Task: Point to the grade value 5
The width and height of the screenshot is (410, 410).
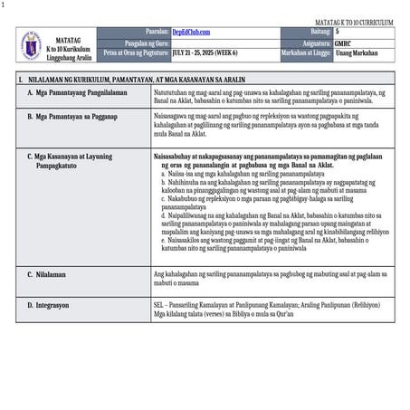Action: pos(338,32)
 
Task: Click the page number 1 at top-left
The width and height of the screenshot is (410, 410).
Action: pos(4,5)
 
